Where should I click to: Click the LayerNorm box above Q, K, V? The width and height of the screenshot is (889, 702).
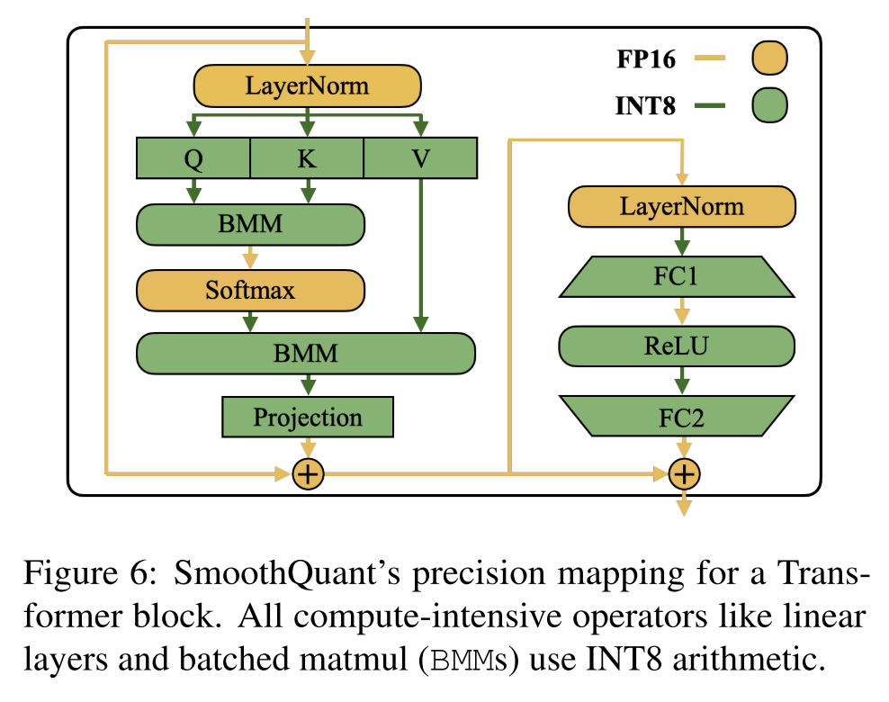coord(308,87)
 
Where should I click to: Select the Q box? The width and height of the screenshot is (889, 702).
coord(193,158)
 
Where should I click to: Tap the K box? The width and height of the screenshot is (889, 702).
coord(307,158)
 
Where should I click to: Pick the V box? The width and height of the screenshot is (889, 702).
coord(419,158)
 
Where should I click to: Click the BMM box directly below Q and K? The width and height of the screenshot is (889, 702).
coord(250,225)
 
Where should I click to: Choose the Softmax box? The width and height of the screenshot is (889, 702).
coord(250,290)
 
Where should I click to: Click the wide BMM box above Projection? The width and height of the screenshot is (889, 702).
coord(306,353)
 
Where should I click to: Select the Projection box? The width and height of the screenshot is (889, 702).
coord(308,418)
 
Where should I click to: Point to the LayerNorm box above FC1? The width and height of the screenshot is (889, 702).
coord(682,207)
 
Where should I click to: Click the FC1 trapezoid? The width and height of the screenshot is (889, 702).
coord(677,276)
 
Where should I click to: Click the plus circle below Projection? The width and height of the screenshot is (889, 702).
coord(308,473)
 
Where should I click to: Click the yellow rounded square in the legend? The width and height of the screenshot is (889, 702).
coord(768,59)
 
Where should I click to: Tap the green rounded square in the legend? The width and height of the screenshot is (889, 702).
coord(768,105)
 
